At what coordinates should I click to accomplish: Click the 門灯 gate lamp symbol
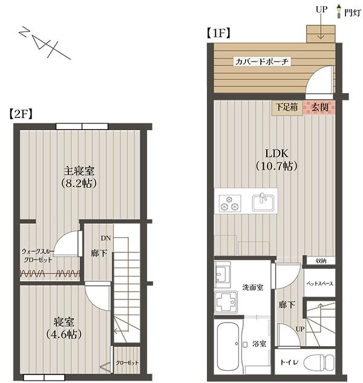[x=339, y=11]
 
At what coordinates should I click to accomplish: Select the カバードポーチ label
[x=261, y=62]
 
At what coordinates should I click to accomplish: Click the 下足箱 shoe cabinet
[x=287, y=108]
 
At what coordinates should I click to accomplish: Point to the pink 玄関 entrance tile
[x=319, y=108]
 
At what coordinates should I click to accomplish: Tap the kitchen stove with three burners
[x=230, y=203]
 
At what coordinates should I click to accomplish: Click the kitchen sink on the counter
[x=263, y=203]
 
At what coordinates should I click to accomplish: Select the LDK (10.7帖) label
[x=276, y=160]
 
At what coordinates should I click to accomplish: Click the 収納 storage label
[x=321, y=261]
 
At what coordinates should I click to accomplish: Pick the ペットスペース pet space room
[x=319, y=283]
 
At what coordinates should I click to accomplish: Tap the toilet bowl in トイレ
[x=319, y=362]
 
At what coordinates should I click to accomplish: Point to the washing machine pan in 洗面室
[x=226, y=302]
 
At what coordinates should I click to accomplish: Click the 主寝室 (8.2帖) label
[x=79, y=177]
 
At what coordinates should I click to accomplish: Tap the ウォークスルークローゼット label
[x=38, y=255]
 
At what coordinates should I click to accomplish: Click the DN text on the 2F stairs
[x=106, y=238]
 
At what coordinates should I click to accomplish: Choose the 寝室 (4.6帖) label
[x=64, y=328]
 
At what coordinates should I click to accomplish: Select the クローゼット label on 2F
[x=127, y=362]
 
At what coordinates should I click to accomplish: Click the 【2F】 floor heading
[x=21, y=114]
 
